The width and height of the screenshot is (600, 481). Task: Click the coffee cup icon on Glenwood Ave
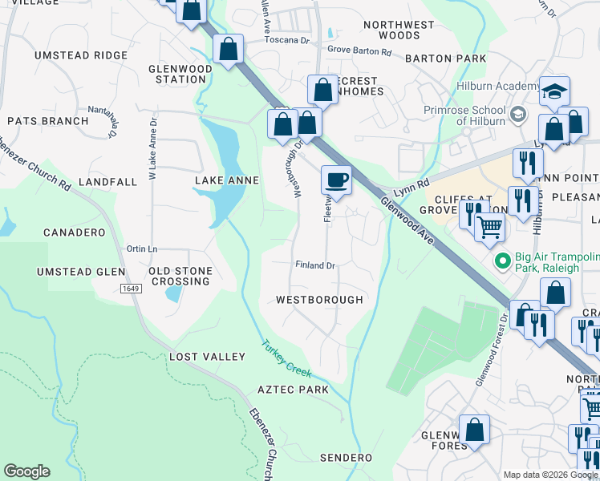(x=337, y=180)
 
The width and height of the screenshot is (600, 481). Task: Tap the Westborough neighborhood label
(x=319, y=300)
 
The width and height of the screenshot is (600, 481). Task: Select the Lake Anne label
(x=227, y=181)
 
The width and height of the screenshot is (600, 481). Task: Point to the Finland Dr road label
(x=314, y=265)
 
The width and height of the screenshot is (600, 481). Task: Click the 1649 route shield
(x=132, y=288)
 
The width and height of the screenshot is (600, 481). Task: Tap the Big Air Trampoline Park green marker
(x=503, y=261)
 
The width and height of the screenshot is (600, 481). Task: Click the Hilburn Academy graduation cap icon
(x=553, y=91)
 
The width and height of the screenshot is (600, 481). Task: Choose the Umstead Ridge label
(x=81, y=55)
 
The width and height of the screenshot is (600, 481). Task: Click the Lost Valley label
(x=207, y=357)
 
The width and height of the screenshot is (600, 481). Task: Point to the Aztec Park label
(x=293, y=390)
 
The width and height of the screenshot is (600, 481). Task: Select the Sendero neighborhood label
(x=346, y=458)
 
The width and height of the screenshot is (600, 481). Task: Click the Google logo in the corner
(x=26, y=471)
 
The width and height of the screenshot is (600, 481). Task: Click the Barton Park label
(x=445, y=59)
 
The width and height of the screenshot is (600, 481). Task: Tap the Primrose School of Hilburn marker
(x=517, y=114)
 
